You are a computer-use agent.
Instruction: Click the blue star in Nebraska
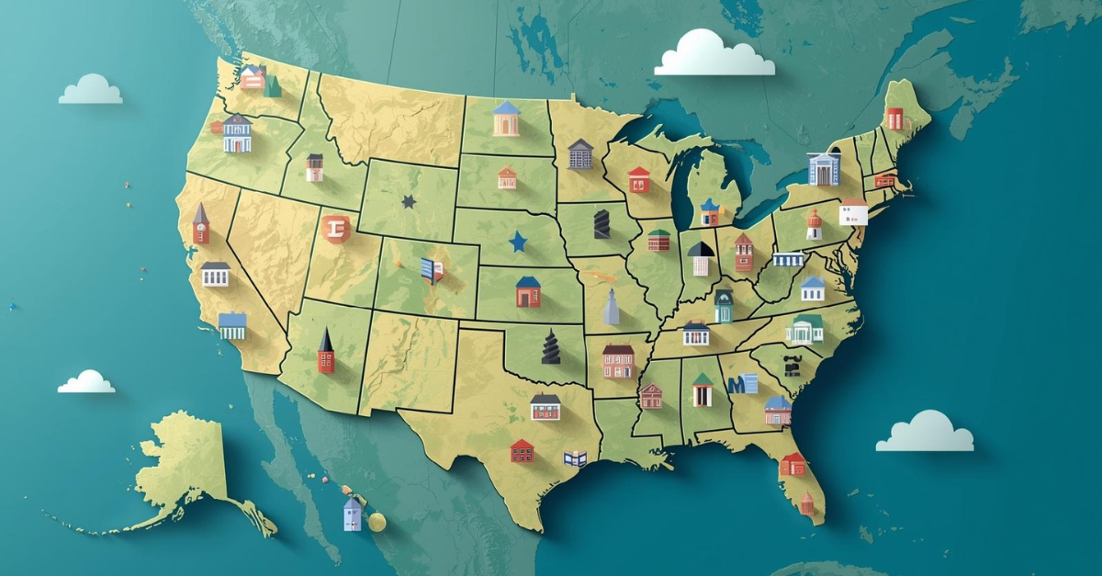[x=519, y=242]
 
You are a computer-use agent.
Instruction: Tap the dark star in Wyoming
[x=409, y=200]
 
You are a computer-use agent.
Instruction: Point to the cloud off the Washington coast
[x=90, y=90]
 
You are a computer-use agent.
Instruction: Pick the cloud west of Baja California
[x=86, y=382]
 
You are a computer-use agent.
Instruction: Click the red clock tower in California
[x=201, y=224]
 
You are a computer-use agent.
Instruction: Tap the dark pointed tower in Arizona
[x=326, y=351]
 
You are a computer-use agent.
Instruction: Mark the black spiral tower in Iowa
[x=602, y=224]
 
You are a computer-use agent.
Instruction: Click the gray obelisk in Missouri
[x=612, y=307]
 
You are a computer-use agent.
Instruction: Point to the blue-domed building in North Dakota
[x=506, y=119]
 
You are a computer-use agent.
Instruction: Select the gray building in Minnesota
[x=580, y=154]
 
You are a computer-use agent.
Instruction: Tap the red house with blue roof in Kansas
[x=528, y=292]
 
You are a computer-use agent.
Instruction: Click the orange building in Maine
[x=894, y=119]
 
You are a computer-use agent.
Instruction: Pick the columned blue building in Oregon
[x=237, y=134]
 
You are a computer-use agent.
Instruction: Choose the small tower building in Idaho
[x=315, y=167]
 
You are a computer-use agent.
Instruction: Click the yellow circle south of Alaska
[x=377, y=522]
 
